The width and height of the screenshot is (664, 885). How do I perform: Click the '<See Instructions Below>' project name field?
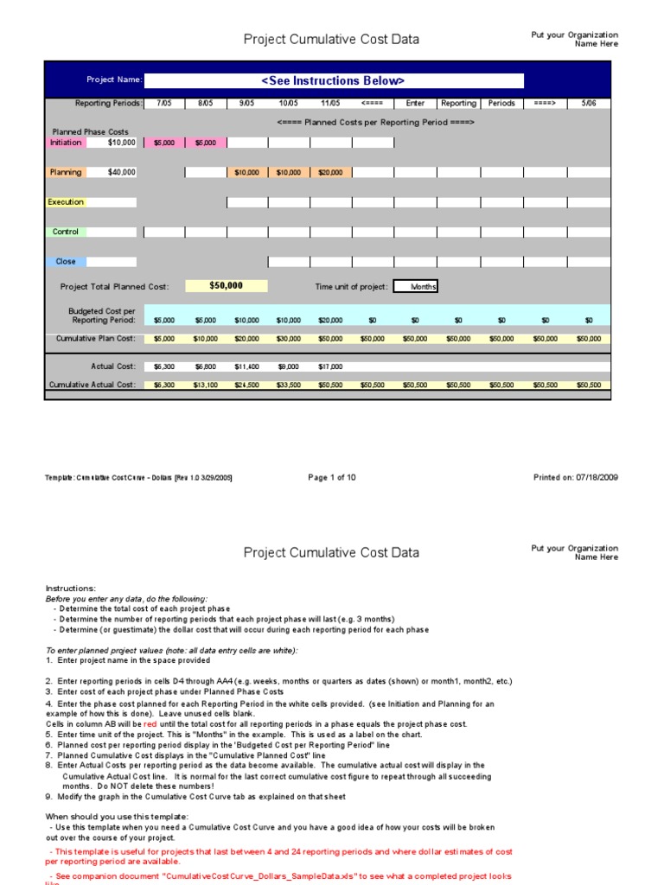click(333, 80)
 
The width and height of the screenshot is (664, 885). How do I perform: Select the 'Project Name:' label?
click(114, 80)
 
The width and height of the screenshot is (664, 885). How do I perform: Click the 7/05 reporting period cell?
click(163, 103)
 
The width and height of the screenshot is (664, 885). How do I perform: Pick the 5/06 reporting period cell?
click(589, 103)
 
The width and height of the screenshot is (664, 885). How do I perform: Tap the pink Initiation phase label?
click(66, 143)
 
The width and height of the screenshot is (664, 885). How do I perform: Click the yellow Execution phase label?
click(66, 202)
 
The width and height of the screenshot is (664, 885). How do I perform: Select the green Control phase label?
click(66, 232)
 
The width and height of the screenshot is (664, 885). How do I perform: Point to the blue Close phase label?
click(66, 261)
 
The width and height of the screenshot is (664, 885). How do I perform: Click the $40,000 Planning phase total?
click(120, 172)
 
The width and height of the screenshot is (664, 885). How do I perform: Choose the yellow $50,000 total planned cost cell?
click(226, 286)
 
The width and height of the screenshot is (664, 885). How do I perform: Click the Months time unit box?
click(416, 287)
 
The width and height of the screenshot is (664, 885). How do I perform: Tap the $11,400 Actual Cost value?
click(247, 366)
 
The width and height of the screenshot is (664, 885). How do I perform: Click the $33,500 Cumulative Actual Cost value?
click(289, 385)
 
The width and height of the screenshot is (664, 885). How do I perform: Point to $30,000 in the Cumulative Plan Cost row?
click(289, 339)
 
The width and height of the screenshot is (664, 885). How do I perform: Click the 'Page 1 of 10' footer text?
click(331, 477)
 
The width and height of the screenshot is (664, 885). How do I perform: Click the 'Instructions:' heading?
click(71, 589)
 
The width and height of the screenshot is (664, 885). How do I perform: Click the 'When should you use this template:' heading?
click(116, 816)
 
